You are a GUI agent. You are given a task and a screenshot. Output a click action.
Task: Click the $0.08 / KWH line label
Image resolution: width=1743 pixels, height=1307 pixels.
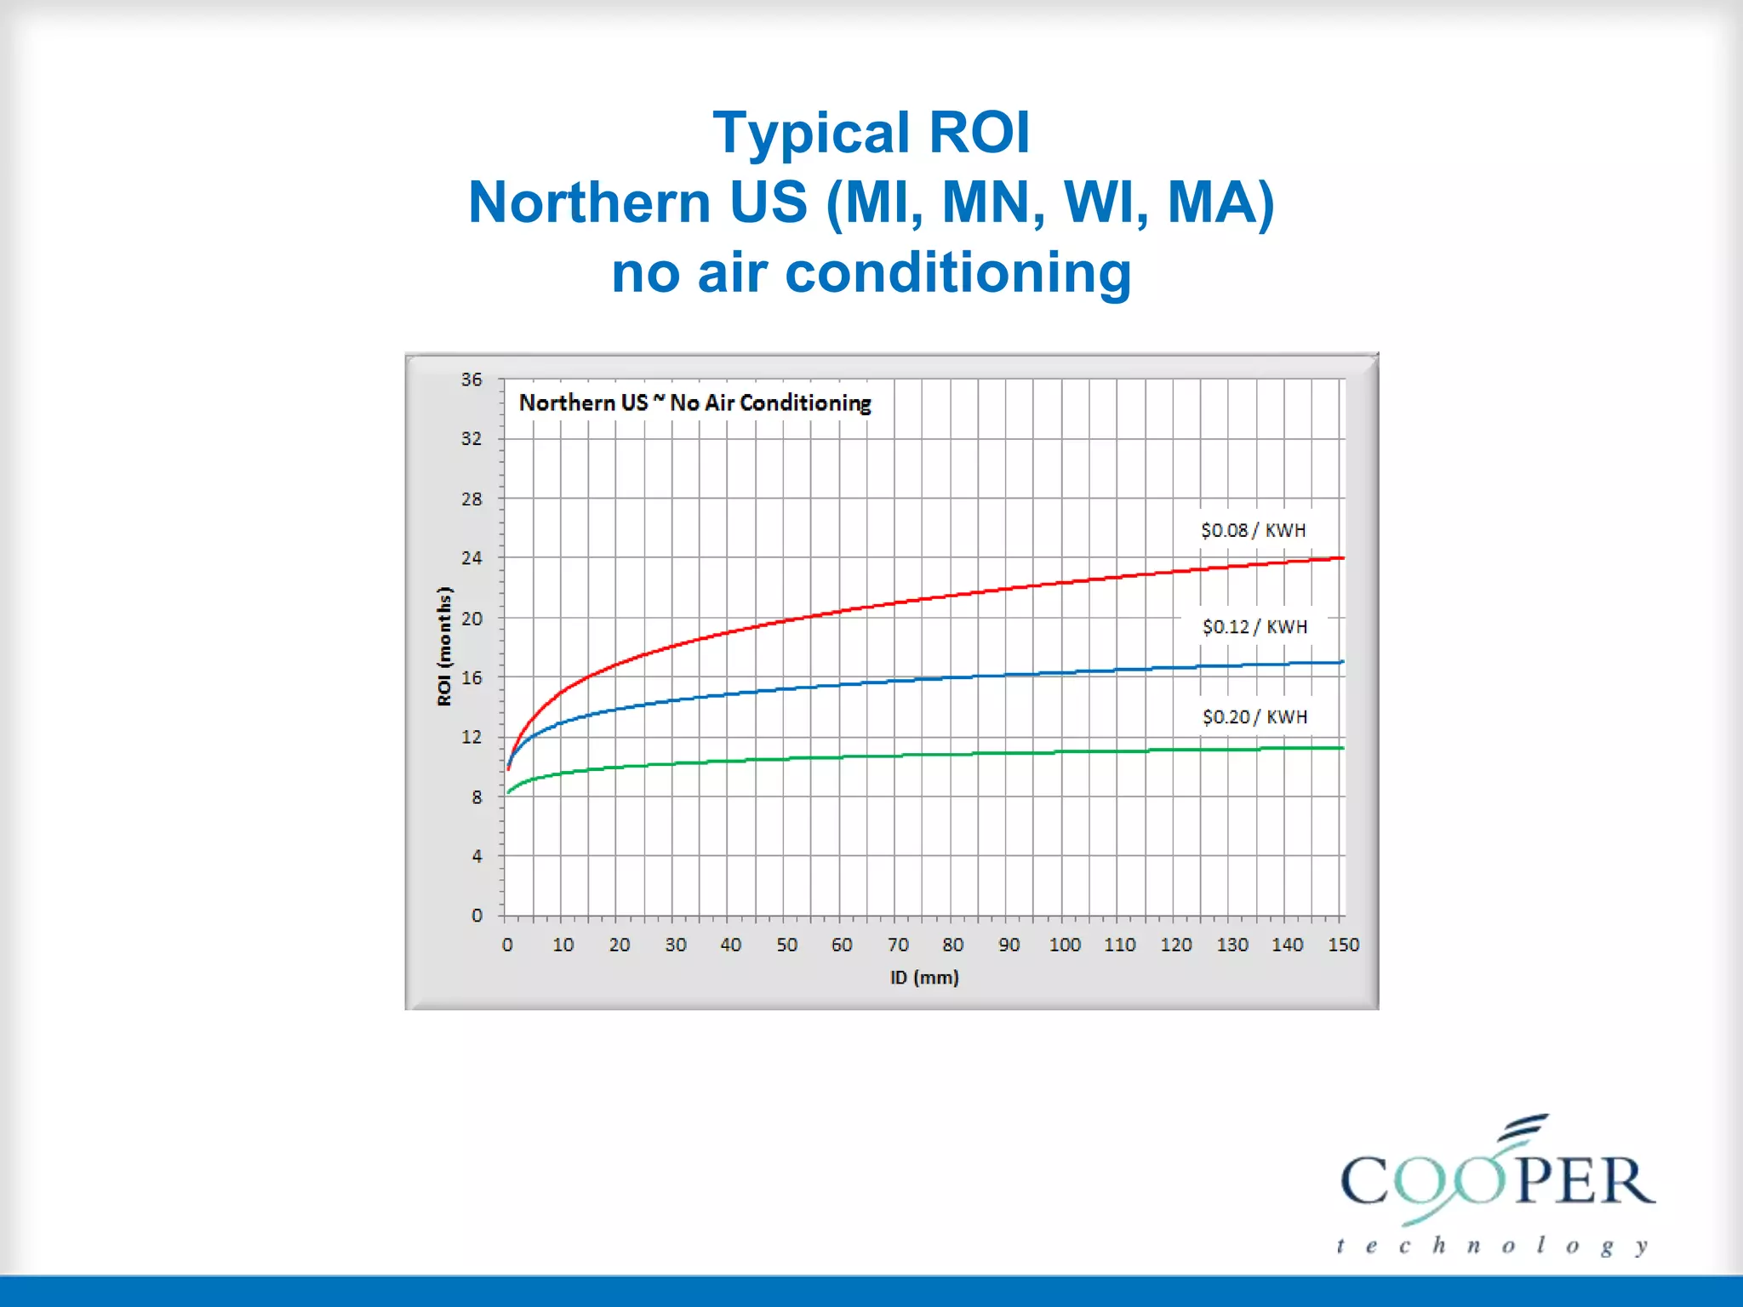click(1253, 530)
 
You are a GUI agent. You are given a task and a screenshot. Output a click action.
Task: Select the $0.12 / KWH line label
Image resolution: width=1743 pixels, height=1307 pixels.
click(1254, 627)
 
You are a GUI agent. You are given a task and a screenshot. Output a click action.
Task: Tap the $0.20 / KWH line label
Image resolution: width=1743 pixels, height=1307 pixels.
click(1254, 717)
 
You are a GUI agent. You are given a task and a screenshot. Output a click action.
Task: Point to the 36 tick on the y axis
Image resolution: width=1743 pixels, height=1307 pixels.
click(471, 380)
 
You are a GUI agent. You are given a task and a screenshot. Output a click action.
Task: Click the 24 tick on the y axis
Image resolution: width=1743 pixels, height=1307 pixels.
click(471, 558)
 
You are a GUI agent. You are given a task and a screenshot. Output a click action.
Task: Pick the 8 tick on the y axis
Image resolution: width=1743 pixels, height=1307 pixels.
click(477, 797)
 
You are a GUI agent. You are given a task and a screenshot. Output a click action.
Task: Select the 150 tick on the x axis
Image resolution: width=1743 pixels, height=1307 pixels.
click(1344, 945)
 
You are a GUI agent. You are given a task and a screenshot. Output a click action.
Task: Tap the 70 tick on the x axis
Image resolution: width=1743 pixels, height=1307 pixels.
click(898, 945)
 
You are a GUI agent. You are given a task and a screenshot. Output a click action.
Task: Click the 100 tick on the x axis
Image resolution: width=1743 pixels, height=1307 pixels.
click(1065, 945)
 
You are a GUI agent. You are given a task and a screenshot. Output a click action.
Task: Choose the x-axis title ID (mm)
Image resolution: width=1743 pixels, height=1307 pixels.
click(924, 978)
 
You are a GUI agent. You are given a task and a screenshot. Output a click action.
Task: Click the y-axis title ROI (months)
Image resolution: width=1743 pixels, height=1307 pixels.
click(444, 647)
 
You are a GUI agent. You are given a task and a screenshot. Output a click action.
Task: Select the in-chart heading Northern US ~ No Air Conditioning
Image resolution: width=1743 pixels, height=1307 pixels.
click(695, 403)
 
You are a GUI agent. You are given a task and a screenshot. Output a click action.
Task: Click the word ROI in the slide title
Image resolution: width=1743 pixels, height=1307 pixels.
click(979, 133)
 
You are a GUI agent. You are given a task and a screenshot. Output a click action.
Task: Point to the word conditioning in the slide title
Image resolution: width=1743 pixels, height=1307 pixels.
click(958, 273)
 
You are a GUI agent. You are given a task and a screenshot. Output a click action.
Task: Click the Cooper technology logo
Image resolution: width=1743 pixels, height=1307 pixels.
click(1496, 1185)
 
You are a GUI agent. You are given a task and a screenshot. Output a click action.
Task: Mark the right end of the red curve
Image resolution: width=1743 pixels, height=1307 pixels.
click(1343, 558)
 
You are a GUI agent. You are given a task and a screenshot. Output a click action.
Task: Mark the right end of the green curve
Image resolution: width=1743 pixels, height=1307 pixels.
click(1343, 748)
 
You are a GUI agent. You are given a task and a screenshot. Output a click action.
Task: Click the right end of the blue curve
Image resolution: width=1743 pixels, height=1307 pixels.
click(1343, 662)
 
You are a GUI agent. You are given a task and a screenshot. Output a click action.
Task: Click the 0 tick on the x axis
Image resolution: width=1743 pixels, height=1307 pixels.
click(507, 945)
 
